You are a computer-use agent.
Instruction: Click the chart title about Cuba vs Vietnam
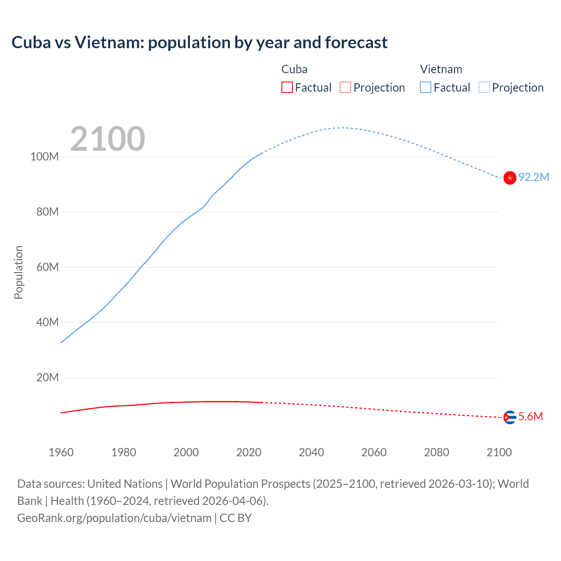pyautogui.click(x=199, y=43)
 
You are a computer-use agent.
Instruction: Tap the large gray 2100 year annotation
pyautogui.click(x=107, y=139)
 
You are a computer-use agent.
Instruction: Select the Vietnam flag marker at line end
pyautogui.click(x=510, y=178)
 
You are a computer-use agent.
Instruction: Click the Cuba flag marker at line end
pyautogui.click(x=510, y=417)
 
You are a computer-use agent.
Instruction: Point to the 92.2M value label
pyautogui.click(x=533, y=177)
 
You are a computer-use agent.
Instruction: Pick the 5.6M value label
pyautogui.click(x=530, y=416)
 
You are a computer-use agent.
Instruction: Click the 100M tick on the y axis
pyautogui.click(x=44, y=157)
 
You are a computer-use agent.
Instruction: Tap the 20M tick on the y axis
pyautogui.click(x=47, y=377)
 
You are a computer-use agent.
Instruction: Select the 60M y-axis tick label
pyautogui.click(x=47, y=267)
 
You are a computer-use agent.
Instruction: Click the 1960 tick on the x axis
pyautogui.click(x=61, y=452)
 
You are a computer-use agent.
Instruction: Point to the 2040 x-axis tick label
pyautogui.click(x=311, y=452)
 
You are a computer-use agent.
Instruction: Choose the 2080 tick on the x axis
pyautogui.click(x=437, y=452)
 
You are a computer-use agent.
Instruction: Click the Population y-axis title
pyautogui.click(x=18, y=272)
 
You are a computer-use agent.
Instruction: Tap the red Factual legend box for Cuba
pyautogui.click(x=287, y=88)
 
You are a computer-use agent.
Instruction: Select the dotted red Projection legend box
pyautogui.click(x=345, y=88)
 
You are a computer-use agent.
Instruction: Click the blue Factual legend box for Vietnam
pyautogui.click(x=426, y=88)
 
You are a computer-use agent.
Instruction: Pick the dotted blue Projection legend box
pyautogui.click(x=484, y=88)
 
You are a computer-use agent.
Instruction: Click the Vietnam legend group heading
pyautogui.click(x=441, y=69)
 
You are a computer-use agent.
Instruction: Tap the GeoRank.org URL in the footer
pyautogui.click(x=114, y=518)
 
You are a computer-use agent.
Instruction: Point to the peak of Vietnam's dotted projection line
pyautogui.click(x=341, y=128)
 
